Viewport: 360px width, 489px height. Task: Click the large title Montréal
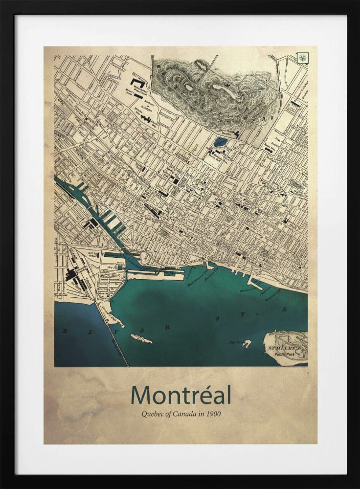coord(180,395)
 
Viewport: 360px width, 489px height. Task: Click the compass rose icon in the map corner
coord(303,58)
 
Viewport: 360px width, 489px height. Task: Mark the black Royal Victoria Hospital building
coord(237,134)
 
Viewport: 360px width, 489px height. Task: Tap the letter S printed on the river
coord(217,318)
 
